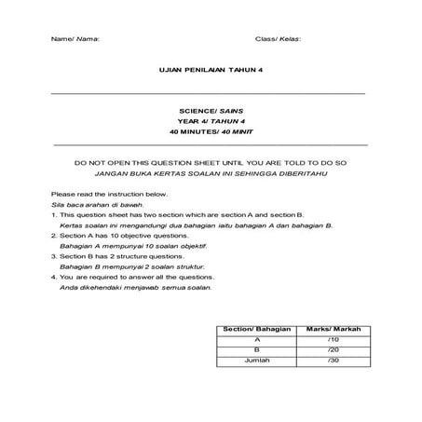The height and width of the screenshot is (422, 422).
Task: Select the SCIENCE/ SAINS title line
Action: click(x=211, y=112)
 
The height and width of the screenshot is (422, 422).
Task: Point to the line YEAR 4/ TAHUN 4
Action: click(x=211, y=122)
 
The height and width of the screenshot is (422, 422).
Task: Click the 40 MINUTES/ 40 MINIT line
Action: click(x=211, y=132)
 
